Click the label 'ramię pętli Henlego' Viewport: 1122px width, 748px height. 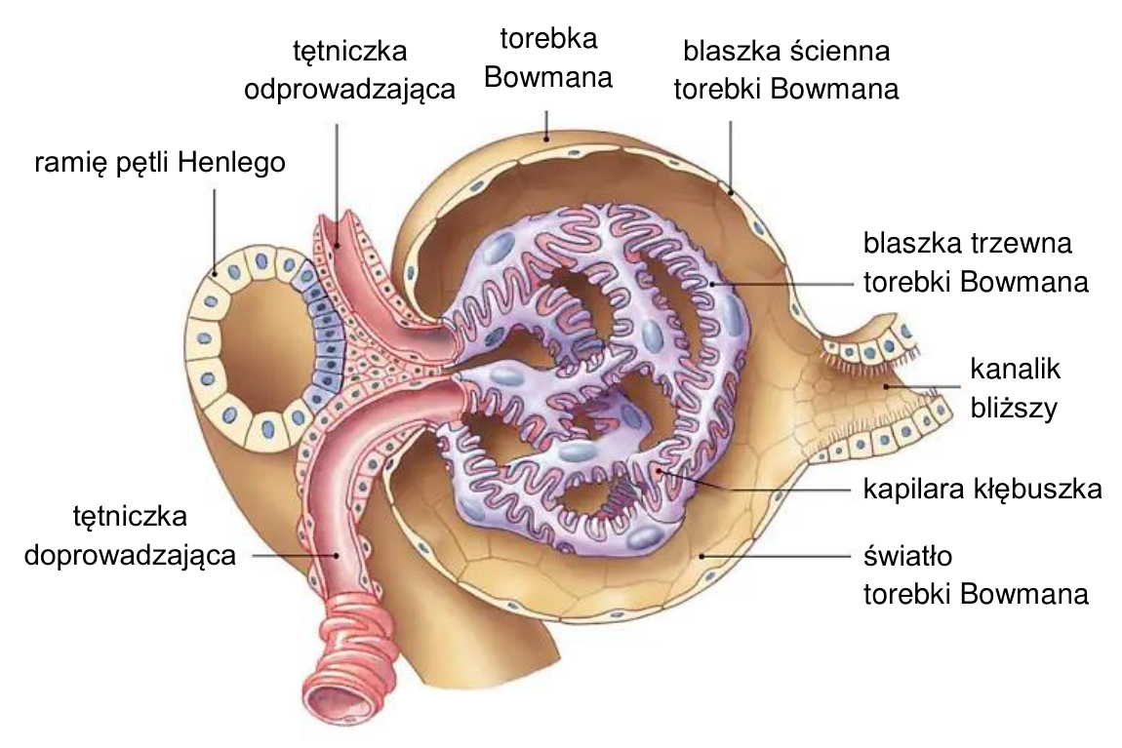160,163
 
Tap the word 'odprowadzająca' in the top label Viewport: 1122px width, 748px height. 350,90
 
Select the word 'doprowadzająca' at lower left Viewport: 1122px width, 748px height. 130,556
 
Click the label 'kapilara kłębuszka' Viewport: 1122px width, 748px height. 982,490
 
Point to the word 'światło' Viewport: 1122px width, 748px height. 907,556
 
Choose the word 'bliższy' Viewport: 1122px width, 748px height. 1014,408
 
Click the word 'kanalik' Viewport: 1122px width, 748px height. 1016,369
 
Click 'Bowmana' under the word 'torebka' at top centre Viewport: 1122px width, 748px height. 548,78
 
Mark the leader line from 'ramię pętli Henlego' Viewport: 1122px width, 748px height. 214,230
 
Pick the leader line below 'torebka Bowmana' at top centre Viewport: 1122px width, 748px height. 547,125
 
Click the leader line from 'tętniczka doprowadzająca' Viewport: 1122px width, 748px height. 294,555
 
